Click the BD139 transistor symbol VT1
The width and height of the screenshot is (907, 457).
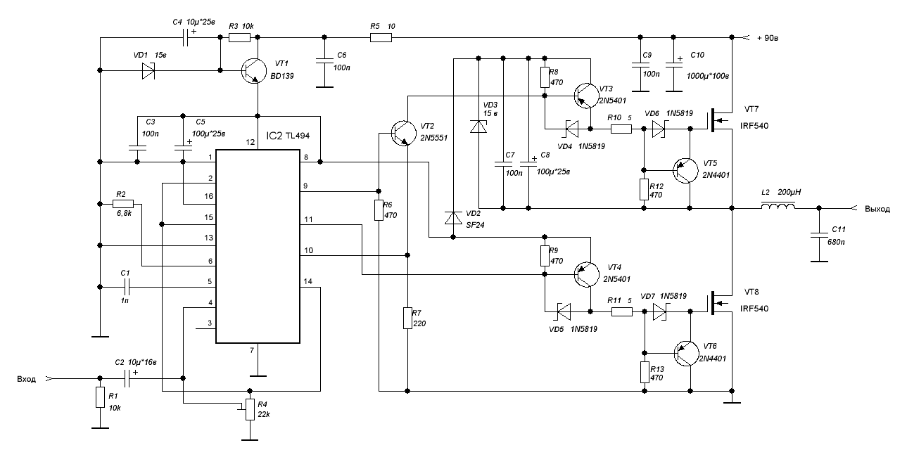coord(253,71)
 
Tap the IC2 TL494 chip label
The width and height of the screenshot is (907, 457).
coord(288,136)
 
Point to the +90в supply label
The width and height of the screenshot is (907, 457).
coord(767,38)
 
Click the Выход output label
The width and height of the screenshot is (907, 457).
coord(877,209)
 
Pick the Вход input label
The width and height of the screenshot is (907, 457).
coord(26,380)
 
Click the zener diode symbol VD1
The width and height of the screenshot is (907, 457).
coord(148,71)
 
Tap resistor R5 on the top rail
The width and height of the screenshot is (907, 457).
coord(381,37)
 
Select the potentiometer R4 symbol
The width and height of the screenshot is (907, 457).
coord(249,409)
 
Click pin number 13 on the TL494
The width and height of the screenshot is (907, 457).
coord(208,238)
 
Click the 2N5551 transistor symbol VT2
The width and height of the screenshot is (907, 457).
coord(404,133)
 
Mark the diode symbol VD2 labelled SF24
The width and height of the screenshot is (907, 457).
coord(453,217)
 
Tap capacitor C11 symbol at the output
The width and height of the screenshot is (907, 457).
coord(819,235)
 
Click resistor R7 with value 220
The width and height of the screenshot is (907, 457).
coord(407,318)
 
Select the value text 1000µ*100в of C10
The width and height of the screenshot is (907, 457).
coord(708,76)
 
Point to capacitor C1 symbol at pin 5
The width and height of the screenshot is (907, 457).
coord(127,288)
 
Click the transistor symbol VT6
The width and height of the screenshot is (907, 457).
coord(687,354)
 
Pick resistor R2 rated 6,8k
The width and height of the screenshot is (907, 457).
coord(122,204)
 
